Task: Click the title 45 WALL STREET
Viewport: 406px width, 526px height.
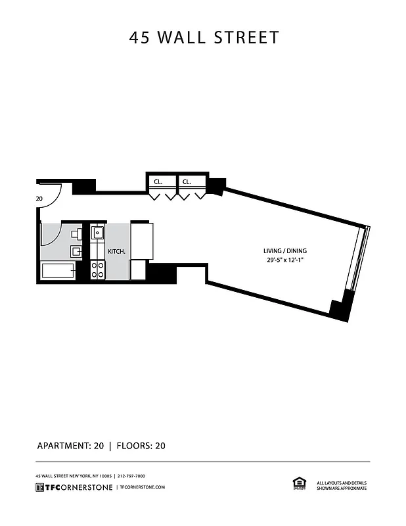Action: tap(204, 37)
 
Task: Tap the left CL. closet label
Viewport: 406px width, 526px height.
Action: tap(158, 181)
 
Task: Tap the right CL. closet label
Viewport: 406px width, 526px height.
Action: tap(187, 181)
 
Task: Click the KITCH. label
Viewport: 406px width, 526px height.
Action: tap(116, 251)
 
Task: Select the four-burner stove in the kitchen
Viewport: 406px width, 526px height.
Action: tap(98, 269)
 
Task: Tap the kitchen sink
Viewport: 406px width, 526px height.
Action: tap(98, 232)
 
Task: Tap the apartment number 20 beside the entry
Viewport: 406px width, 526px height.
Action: tap(39, 199)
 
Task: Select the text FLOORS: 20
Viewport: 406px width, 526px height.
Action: tap(141, 446)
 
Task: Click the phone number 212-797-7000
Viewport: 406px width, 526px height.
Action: tap(131, 475)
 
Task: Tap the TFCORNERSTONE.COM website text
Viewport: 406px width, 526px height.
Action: tap(141, 487)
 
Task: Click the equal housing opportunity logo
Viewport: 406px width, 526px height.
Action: tap(298, 484)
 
